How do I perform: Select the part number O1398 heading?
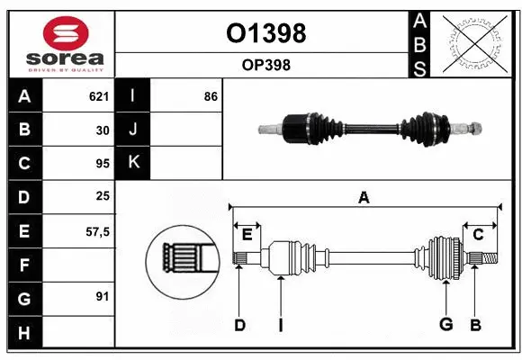point(265,33)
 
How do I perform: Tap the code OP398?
point(265,65)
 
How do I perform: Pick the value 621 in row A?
point(98,96)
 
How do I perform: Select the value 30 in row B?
point(102,130)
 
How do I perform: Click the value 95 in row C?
point(102,164)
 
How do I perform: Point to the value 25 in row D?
point(102,196)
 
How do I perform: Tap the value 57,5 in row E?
point(97,231)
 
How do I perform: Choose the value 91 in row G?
point(102,296)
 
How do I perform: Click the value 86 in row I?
point(211,96)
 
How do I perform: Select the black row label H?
point(24,333)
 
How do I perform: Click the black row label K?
point(133,163)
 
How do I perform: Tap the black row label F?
point(24,265)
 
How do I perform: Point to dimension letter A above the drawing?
point(364,198)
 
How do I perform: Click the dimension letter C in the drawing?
point(478,235)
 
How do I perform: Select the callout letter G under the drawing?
point(445,324)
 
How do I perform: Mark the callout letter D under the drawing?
point(239,325)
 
